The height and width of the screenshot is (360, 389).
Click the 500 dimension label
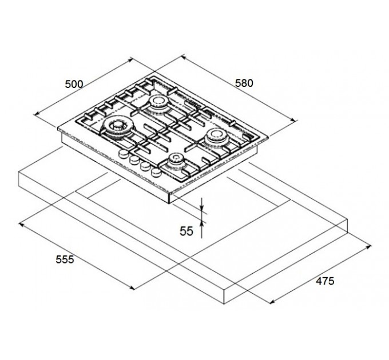click(74, 84)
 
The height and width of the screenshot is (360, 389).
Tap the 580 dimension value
click(244, 83)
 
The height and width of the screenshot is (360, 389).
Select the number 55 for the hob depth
click(186, 231)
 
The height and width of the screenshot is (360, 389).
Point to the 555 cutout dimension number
click(65, 259)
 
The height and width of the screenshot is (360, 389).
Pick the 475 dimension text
click(325, 281)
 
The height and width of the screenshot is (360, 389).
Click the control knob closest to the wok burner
click(123, 154)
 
